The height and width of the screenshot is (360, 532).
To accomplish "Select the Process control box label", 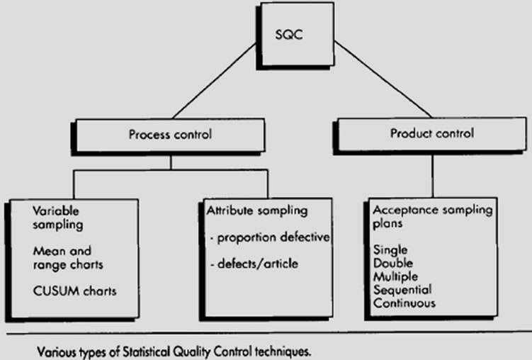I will coord(170,135).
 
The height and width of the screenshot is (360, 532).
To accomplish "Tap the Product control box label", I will coord(431,133).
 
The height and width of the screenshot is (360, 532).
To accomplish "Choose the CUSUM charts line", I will coord(74,291).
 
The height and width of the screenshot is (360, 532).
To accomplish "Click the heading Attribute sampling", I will coord(256,211).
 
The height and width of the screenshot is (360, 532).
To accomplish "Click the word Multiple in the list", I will coord(395,276).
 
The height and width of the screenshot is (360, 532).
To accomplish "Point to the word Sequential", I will coord(402,290).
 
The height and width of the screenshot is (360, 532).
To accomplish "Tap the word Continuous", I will coord(404,303).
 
